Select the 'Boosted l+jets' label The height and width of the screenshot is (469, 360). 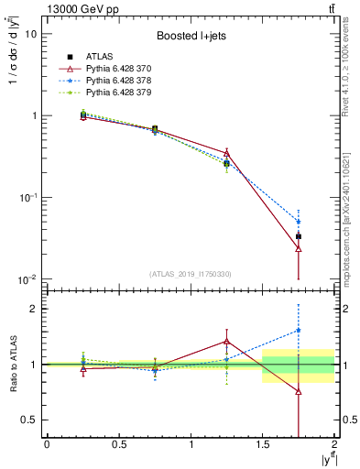190,36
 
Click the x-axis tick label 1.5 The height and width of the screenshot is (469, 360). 263,443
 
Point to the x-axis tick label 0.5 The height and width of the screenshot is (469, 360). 118,443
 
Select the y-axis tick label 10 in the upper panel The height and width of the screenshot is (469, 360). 30,34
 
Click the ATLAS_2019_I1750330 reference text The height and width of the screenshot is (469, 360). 190,274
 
